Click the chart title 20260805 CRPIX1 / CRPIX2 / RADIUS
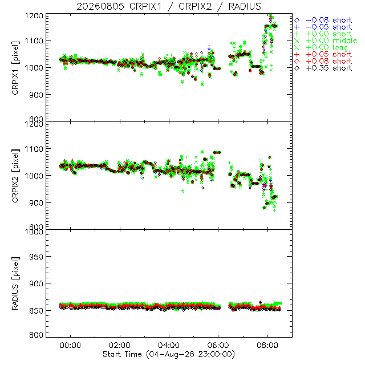coord(169,6)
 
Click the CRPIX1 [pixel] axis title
coord(15,68)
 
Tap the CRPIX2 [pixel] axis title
coord(15,176)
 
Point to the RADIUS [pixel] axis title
coord(15,283)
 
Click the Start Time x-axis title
coord(169,354)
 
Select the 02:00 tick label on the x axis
coord(120,345)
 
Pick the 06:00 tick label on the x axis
coord(218,345)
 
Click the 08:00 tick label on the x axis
coord(267,345)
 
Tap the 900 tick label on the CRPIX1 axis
coord(36,95)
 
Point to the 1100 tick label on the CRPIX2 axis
coord(34,149)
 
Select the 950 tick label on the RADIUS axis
coord(36,257)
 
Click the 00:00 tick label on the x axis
coord(70,345)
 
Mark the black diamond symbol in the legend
coord(297,68)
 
